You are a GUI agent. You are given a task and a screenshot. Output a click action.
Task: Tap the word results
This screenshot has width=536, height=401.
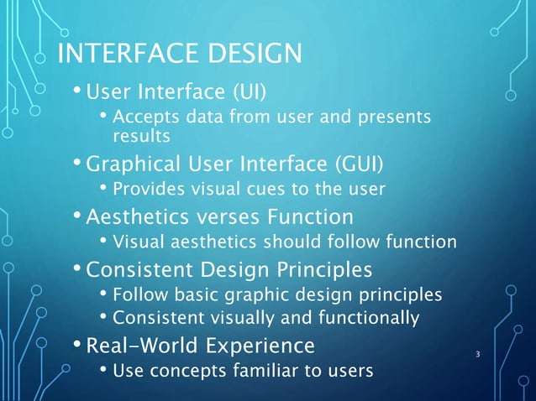point(141,134)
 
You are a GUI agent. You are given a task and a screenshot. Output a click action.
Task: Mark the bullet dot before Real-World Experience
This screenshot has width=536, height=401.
point(76,345)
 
